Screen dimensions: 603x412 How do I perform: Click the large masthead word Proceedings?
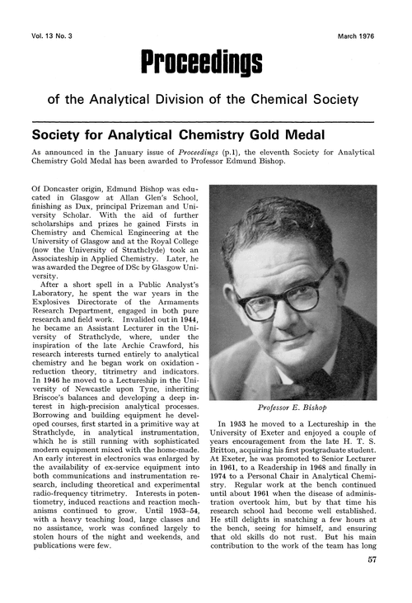pos(202,60)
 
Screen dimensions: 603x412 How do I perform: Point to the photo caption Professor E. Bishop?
pos(293,408)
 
